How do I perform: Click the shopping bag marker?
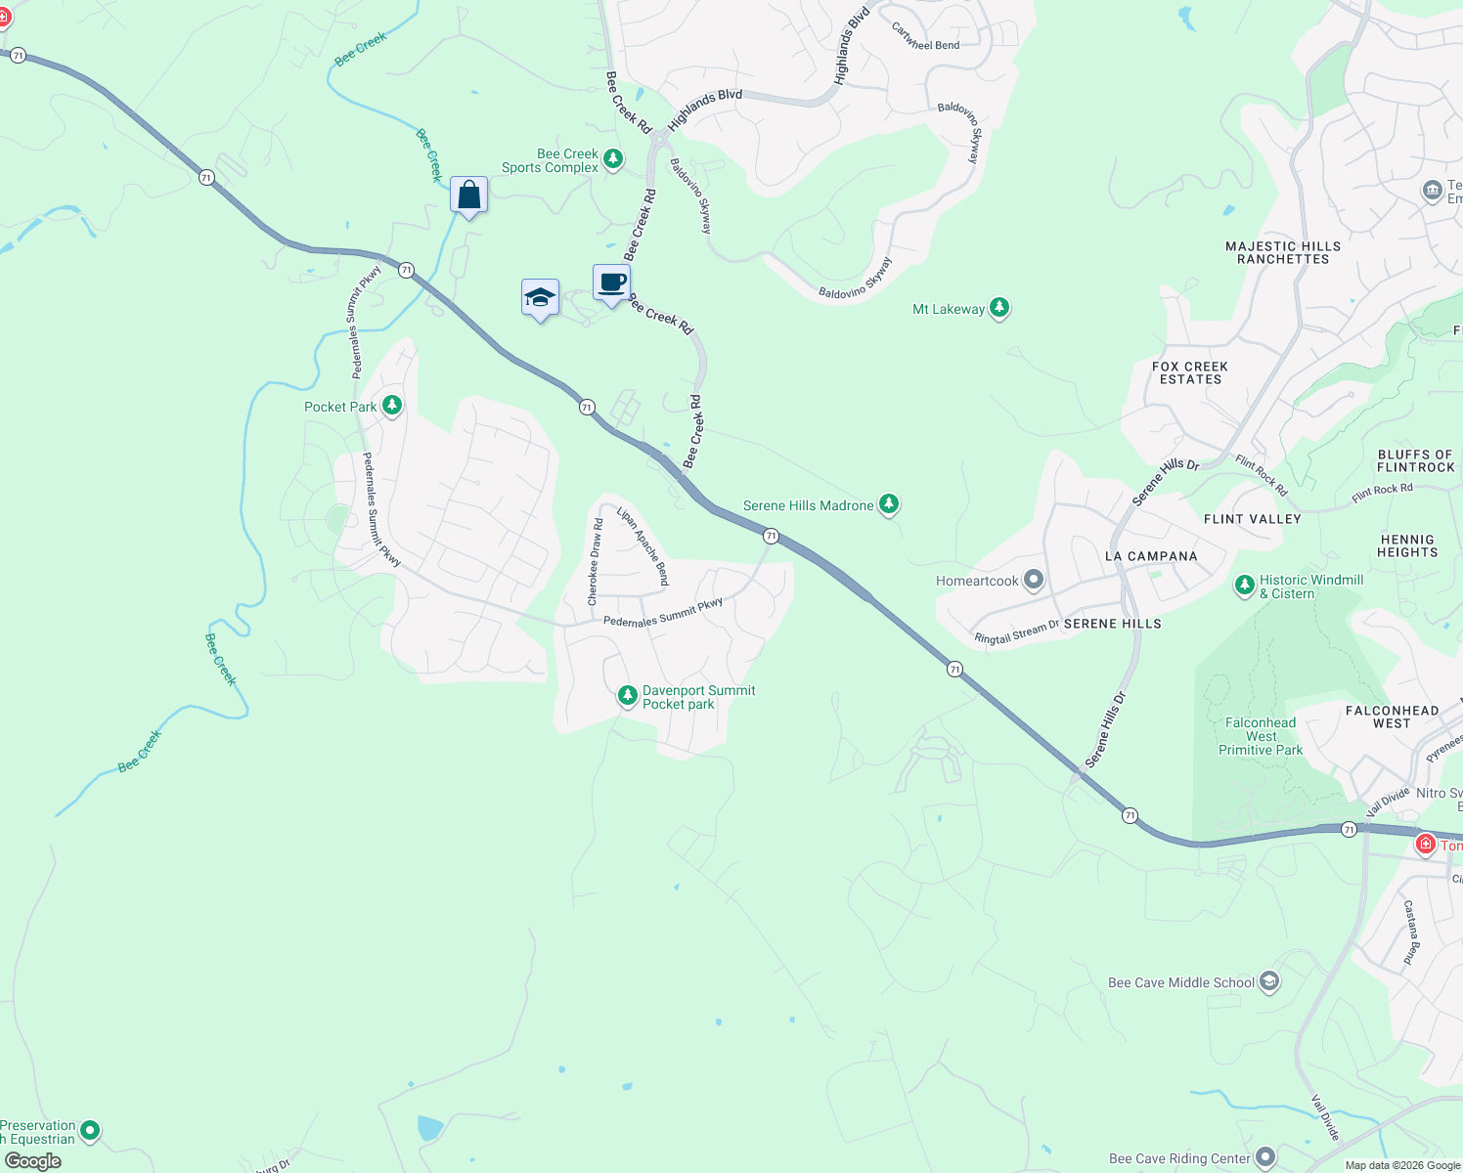[469, 195]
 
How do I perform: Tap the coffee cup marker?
[612, 283]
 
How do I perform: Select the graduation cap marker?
[540, 298]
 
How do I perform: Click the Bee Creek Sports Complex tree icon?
[613, 158]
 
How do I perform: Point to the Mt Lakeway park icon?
[998, 309]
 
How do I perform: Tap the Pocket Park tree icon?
[392, 405]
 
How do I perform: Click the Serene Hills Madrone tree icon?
[888, 504]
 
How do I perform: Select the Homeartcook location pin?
[1034, 581]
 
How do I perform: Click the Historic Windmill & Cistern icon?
[1244, 586]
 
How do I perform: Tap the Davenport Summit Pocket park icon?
[627, 696]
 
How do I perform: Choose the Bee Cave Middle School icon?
[1268, 981]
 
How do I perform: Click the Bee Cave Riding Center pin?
[1264, 1158]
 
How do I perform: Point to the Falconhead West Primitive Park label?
[1261, 736]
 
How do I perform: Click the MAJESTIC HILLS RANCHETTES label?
[1283, 252]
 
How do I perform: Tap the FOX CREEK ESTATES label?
[1190, 372]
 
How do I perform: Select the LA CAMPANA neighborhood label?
[1151, 556]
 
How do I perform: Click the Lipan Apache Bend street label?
[643, 545]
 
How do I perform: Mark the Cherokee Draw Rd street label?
[595, 562]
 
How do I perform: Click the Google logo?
[33, 1161]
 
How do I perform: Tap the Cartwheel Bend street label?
[925, 38]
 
